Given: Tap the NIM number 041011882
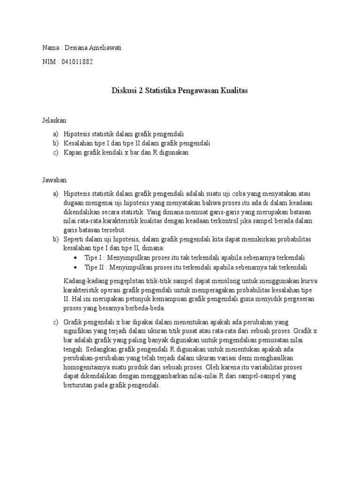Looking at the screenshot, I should [76, 61].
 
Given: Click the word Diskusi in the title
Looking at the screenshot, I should [124, 90].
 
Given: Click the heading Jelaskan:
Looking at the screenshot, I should [55, 120].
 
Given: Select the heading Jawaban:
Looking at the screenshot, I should [55, 180].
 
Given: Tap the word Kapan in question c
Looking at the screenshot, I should [72, 153].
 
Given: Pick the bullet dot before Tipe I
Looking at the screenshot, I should [76, 258].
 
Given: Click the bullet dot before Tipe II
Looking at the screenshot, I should [76, 268].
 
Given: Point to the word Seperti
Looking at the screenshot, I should [74, 239].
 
